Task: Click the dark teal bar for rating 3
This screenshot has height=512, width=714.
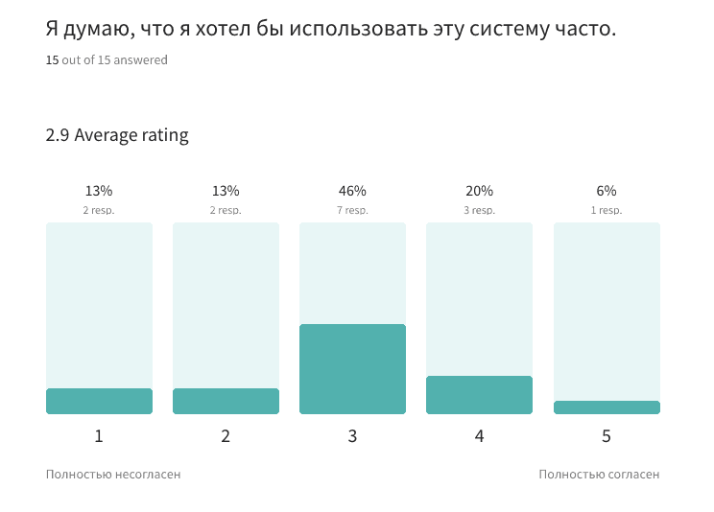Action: (x=352, y=369)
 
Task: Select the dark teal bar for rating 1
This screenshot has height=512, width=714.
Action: (x=99, y=401)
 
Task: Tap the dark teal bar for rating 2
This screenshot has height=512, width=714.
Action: (x=226, y=401)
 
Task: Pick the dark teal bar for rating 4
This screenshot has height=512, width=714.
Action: (x=479, y=395)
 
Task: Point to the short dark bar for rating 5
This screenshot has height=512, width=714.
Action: (x=607, y=407)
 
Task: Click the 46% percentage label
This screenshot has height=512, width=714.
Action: (x=352, y=191)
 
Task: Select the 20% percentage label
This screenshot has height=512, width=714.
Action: (x=479, y=191)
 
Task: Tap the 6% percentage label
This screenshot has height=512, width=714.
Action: (x=607, y=191)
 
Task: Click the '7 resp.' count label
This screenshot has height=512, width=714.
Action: (x=352, y=210)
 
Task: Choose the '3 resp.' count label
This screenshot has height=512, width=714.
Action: (x=479, y=210)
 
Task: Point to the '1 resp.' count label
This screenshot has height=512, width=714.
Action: (x=607, y=210)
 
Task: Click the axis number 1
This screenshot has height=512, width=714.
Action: (x=99, y=436)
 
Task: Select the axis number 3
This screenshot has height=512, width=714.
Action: (x=352, y=436)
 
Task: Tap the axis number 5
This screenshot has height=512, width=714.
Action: (x=607, y=436)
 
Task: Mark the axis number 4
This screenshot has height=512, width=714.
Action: (x=479, y=436)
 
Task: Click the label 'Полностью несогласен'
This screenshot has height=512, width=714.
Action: (x=113, y=474)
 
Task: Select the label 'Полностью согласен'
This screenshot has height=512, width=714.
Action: (x=599, y=474)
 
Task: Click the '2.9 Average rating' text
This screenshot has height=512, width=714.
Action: (x=117, y=135)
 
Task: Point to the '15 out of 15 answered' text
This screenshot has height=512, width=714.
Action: (x=107, y=60)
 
